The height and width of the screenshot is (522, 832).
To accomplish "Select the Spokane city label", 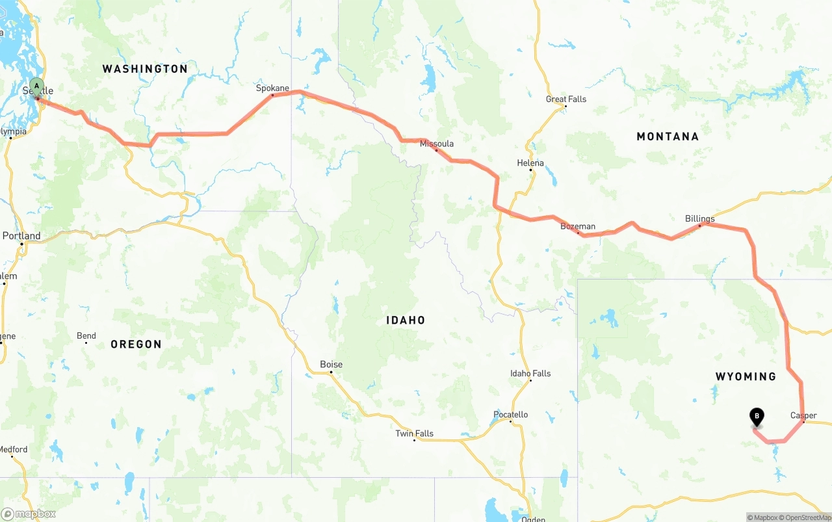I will (272, 88).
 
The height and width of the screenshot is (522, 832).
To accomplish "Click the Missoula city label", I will (437, 144).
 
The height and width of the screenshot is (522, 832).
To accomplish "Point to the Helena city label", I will (530, 163).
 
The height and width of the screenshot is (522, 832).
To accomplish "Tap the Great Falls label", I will (566, 99).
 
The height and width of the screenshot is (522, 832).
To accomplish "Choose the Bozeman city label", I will (578, 227).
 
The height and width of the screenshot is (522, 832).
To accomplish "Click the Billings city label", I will (700, 219).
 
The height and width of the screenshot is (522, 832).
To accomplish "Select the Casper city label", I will (803, 416).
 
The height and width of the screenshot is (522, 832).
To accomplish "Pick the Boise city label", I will (331, 365).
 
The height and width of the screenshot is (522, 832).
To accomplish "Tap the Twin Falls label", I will (415, 434).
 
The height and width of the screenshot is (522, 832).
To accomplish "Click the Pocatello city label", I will (511, 415).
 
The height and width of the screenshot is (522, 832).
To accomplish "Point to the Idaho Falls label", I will (530, 374).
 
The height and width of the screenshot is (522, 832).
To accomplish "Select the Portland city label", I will (21, 236).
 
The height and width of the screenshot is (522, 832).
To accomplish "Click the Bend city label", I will (86, 336).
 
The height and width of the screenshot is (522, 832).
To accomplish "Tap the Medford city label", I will (13, 449).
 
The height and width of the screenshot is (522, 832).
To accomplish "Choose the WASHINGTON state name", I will (145, 69).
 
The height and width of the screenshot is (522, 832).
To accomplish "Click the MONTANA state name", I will (668, 137).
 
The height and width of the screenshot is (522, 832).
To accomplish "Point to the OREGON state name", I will (136, 345).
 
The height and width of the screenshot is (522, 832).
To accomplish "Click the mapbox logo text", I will (34, 514).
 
